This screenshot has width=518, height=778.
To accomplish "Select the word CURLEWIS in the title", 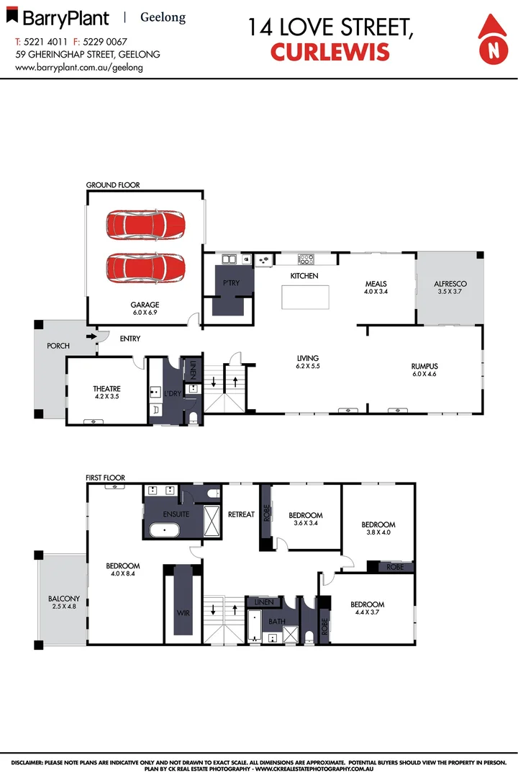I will [x=330, y=52].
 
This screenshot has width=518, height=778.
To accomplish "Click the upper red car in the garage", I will [x=145, y=225].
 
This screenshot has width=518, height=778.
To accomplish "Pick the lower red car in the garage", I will [x=145, y=268].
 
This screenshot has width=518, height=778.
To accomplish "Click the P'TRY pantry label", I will [x=231, y=283].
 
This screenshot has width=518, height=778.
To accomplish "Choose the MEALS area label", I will [x=376, y=284].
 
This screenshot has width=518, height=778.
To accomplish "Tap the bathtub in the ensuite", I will [x=165, y=531].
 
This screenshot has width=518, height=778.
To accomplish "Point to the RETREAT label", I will [x=241, y=514].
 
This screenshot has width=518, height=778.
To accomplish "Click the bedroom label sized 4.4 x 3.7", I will [x=367, y=604].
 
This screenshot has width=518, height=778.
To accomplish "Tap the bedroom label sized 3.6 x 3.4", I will [x=305, y=516].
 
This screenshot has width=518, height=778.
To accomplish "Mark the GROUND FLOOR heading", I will [x=113, y=185].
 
